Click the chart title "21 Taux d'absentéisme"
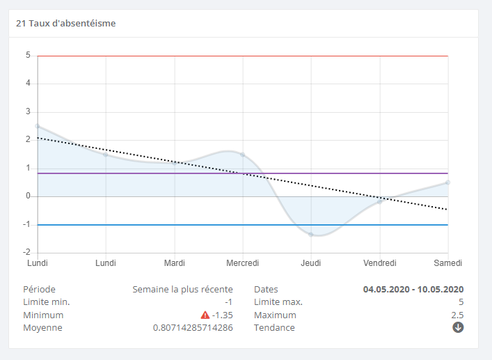65,23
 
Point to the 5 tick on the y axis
28,55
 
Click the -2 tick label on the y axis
26,252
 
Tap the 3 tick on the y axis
28,111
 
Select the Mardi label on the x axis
174,263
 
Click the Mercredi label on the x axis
243,263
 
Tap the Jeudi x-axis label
311,263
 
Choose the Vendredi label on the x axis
380,263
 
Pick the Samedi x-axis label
447,263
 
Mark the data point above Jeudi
311,235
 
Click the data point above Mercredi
243,155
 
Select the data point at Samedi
448,182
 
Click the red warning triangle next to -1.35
205,315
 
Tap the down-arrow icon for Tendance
458,327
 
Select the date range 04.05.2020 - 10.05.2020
413,289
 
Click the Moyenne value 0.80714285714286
193,328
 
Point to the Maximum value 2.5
457,315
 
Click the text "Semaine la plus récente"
182,289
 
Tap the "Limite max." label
278,302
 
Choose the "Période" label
39,289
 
